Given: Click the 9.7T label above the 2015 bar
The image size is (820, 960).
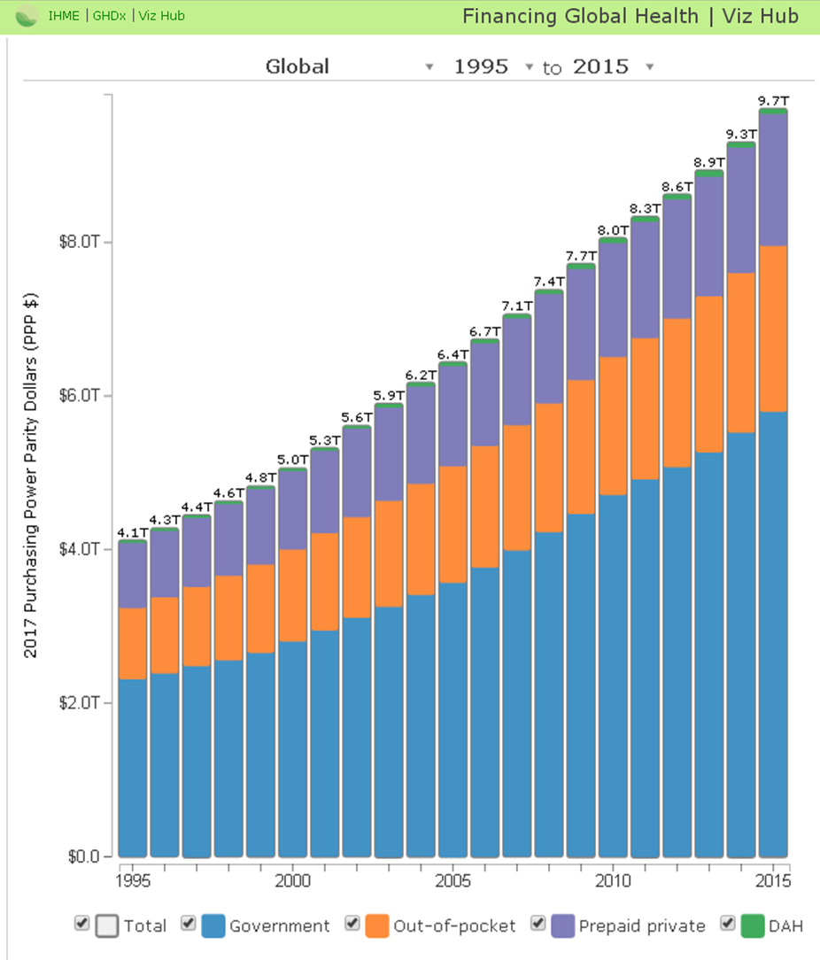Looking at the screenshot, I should [x=772, y=102].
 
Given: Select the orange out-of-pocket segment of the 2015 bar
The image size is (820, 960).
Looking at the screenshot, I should [x=772, y=328].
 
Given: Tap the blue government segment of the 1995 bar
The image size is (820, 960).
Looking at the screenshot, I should [x=132, y=766].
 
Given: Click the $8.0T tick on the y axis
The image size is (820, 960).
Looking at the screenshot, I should [x=81, y=242].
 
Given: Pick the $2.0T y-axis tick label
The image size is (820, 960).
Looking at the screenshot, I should [x=81, y=702].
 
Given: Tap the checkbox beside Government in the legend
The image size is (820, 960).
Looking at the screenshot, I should [x=188, y=924].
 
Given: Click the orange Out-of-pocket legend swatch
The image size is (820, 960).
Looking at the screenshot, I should [x=377, y=925].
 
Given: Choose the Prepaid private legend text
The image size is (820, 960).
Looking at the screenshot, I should [x=642, y=926].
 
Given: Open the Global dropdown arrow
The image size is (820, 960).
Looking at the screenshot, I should [x=429, y=67].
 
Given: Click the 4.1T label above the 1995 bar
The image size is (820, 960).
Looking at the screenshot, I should [x=132, y=533].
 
